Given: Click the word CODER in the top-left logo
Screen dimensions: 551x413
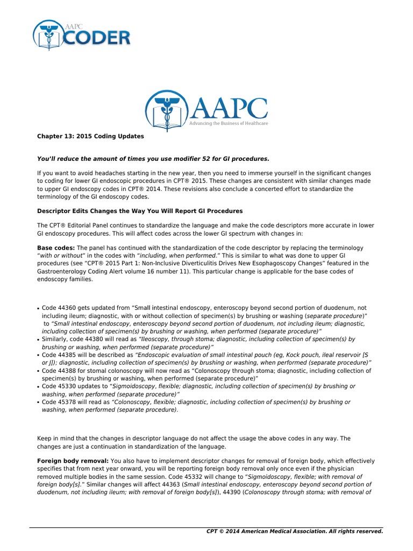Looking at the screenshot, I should tap(98, 38).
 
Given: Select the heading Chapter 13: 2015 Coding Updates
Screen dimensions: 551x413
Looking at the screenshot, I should tap(90, 137).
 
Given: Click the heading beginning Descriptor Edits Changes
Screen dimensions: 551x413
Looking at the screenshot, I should tap(140, 210).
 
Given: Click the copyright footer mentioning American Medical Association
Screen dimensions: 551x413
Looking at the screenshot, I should tap(295, 531).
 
